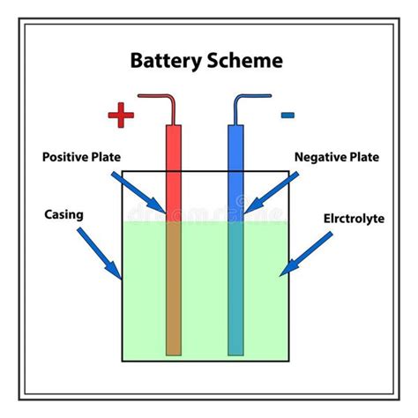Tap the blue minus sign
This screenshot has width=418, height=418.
(x=287, y=114)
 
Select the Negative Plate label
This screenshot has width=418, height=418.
(x=336, y=158)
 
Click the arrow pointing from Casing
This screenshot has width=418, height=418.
(x=100, y=252)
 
